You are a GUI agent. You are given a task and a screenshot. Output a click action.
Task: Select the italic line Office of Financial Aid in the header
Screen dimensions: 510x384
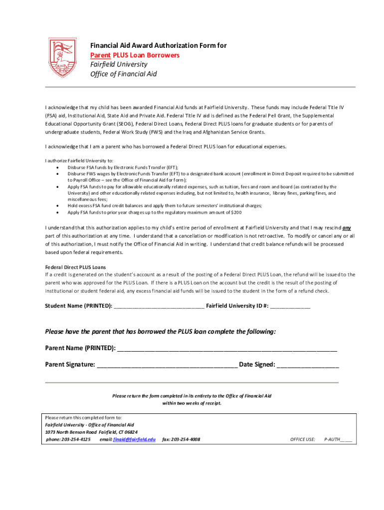pos(123,74)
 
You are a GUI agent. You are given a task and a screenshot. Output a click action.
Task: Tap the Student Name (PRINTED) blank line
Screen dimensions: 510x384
pos(159,306)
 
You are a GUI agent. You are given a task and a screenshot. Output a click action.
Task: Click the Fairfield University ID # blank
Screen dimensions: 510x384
pos(290,306)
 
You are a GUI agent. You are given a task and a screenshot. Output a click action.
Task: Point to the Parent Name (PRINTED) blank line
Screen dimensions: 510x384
pos(227,348)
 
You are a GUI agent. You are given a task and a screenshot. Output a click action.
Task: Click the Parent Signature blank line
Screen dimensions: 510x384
pos(167,365)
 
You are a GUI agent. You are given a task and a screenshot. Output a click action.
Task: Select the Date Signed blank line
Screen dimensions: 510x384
pos(308,365)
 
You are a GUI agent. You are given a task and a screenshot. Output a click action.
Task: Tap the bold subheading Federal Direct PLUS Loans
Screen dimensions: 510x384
pos(75,267)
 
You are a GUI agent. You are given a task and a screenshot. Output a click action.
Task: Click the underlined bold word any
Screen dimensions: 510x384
pos(347,227)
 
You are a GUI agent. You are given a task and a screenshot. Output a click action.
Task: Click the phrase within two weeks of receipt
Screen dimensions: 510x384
pos(192,403)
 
